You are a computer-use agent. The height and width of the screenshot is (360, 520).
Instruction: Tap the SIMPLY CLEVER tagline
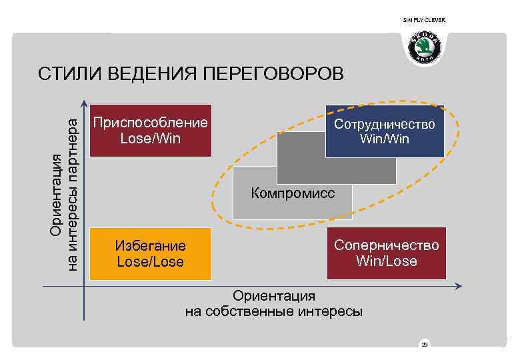(x=424, y=20)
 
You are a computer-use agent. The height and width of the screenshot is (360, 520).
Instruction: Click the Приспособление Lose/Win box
(x=150, y=131)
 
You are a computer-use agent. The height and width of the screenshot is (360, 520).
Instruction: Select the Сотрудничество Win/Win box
(x=384, y=131)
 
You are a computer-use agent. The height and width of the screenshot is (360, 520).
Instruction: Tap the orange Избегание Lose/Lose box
(x=150, y=253)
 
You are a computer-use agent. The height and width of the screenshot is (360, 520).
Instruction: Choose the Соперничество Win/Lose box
(x=386, y=253)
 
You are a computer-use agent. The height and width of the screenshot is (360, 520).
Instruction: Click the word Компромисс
(x=293, y=194)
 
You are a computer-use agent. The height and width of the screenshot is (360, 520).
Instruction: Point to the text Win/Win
(x=384, y=139)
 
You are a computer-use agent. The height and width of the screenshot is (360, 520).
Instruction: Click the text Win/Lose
(x=387, y=261)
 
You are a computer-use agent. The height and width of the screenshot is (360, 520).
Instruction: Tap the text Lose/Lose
(x=150, y=261)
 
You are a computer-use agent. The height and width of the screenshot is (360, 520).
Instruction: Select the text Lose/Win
(x=150, y=139)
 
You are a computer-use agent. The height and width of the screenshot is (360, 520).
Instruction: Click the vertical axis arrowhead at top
(x=84, y=103)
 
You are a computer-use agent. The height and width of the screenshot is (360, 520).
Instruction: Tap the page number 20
(x=424, y=344)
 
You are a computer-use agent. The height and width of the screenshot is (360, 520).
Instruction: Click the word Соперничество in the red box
(x=387, y=245)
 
